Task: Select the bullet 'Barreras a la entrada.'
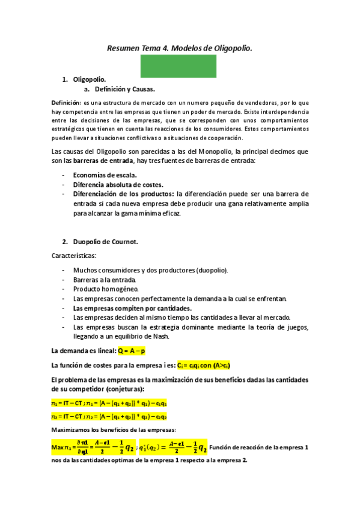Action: (105, 280)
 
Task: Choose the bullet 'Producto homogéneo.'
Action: (103, 289)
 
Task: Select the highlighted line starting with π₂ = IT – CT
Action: (108, 416)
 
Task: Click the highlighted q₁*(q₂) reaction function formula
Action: (174, 447)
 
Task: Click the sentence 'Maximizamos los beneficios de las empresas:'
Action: (113, 429)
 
